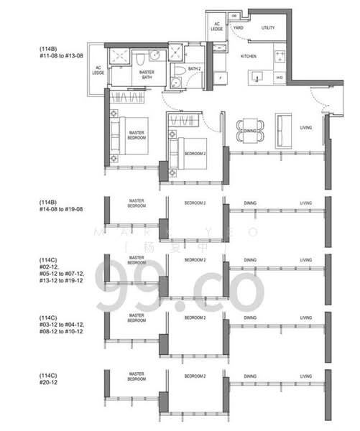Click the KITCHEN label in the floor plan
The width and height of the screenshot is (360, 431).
tap(248, 55)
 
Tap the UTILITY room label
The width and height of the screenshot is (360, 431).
tap(268, 28)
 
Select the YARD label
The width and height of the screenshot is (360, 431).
tap(239, 28)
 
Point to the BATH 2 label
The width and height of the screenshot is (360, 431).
tap(193, 70)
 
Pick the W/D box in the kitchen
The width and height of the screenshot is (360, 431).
tap(279, 77)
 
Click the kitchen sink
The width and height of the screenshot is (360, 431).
tap(258, 77)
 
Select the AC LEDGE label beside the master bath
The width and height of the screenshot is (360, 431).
tap(98, 70)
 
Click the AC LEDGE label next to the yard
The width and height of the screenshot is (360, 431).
tap(217, 26)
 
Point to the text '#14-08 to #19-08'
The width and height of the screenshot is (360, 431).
tap(63, 210)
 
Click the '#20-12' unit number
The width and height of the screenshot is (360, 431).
tap(49, 381)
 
